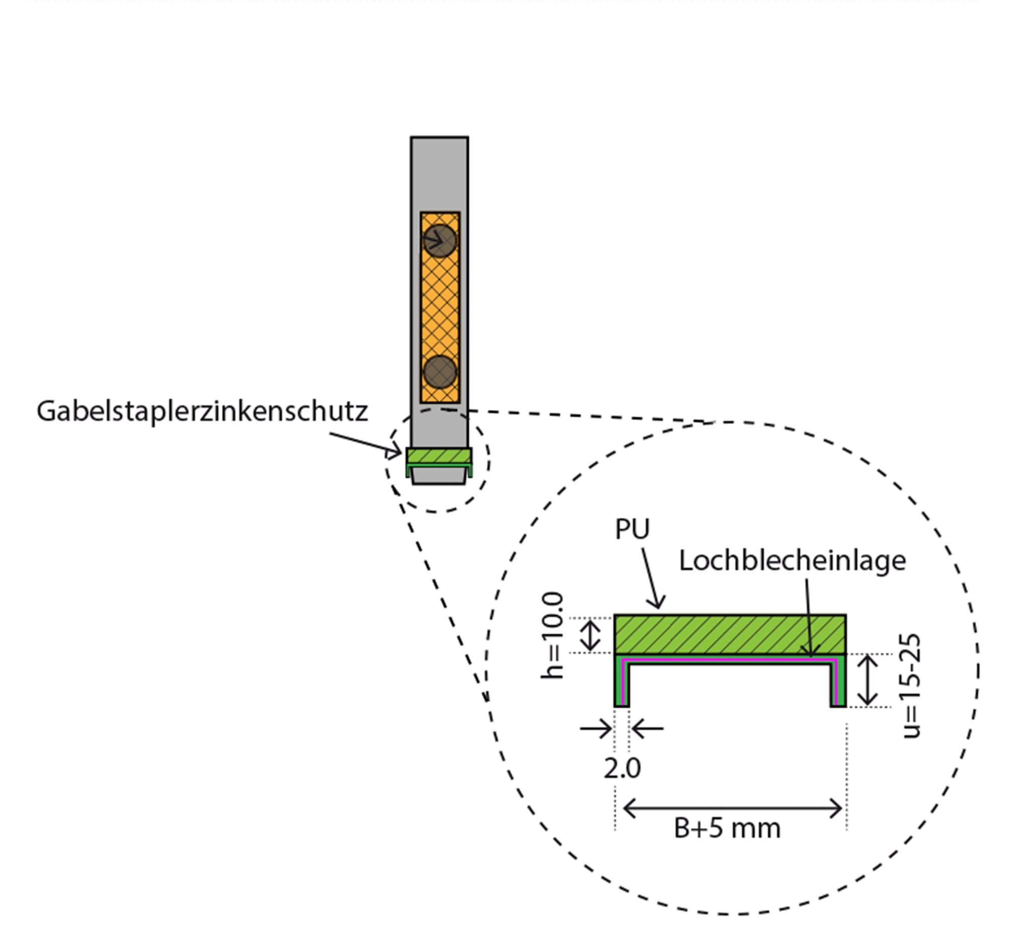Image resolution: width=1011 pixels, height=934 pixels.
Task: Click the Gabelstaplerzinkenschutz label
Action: [202, 411]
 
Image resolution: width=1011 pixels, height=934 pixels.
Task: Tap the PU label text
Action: [632, 530]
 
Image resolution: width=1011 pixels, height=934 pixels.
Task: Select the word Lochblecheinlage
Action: [792, 561]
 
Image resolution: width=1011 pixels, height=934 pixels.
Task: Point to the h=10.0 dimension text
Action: [553, 635]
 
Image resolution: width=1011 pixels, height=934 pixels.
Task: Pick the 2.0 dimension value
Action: [622, 769]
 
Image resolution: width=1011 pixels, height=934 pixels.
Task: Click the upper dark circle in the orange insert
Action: [440, 241]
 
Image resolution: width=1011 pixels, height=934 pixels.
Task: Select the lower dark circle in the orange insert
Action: [440, 372]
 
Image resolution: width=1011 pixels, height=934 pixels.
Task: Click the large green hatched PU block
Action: [729, 634]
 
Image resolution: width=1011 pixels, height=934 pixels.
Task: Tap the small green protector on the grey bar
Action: [439, 456]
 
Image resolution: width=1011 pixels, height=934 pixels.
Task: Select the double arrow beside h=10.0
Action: [590, 635]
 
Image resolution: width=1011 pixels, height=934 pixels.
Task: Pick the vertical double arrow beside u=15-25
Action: [868, 680]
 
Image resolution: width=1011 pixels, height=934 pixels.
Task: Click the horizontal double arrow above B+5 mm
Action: [732, 809]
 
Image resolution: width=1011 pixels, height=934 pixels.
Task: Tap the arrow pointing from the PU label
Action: [652, 579]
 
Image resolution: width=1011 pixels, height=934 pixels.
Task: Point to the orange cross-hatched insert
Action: [440, 308]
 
